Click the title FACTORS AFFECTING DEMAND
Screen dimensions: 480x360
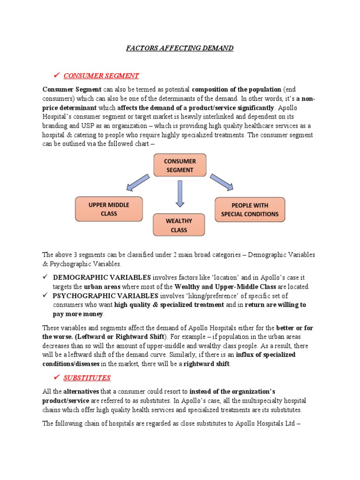coord(180,48)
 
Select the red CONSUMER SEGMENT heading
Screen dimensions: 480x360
coord(101,76)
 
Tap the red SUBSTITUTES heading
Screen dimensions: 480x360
coord(87,377)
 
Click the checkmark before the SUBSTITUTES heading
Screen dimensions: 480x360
coord(57,377)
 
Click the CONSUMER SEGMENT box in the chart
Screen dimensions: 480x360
coord(180,165)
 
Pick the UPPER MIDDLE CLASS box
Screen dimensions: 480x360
coord(109,209)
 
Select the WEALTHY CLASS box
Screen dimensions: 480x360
coord(179,225)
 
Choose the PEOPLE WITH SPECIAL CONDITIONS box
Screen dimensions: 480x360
coord(249,209)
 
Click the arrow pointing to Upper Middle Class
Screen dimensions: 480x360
coord(138,182)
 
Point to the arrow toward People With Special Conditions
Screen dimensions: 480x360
coord(221,182)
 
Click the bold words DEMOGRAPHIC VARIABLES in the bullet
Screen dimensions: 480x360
coord(102,277)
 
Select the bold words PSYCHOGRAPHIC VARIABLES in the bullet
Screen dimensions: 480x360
coord(105,296)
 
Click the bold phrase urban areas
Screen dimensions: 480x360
coord(102,286)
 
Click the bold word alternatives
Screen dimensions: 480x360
coord(81,390)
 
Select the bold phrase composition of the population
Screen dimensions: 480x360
coord(236,89)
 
